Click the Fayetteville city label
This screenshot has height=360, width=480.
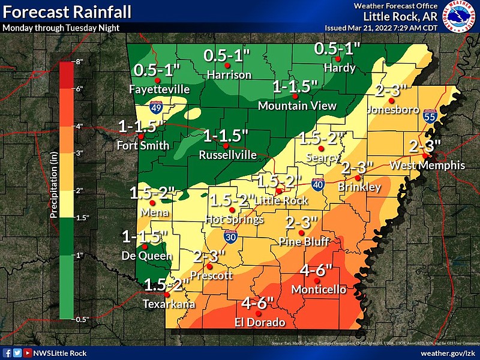160,89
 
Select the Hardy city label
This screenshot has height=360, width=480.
340,68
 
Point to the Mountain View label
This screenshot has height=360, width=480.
297,106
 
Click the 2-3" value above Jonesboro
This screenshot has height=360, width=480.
391,91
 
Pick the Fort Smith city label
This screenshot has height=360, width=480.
140,145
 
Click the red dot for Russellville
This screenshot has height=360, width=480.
226,146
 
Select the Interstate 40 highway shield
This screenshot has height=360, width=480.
317,185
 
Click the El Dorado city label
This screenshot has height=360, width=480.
259,322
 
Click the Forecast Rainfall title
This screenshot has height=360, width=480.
54,12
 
